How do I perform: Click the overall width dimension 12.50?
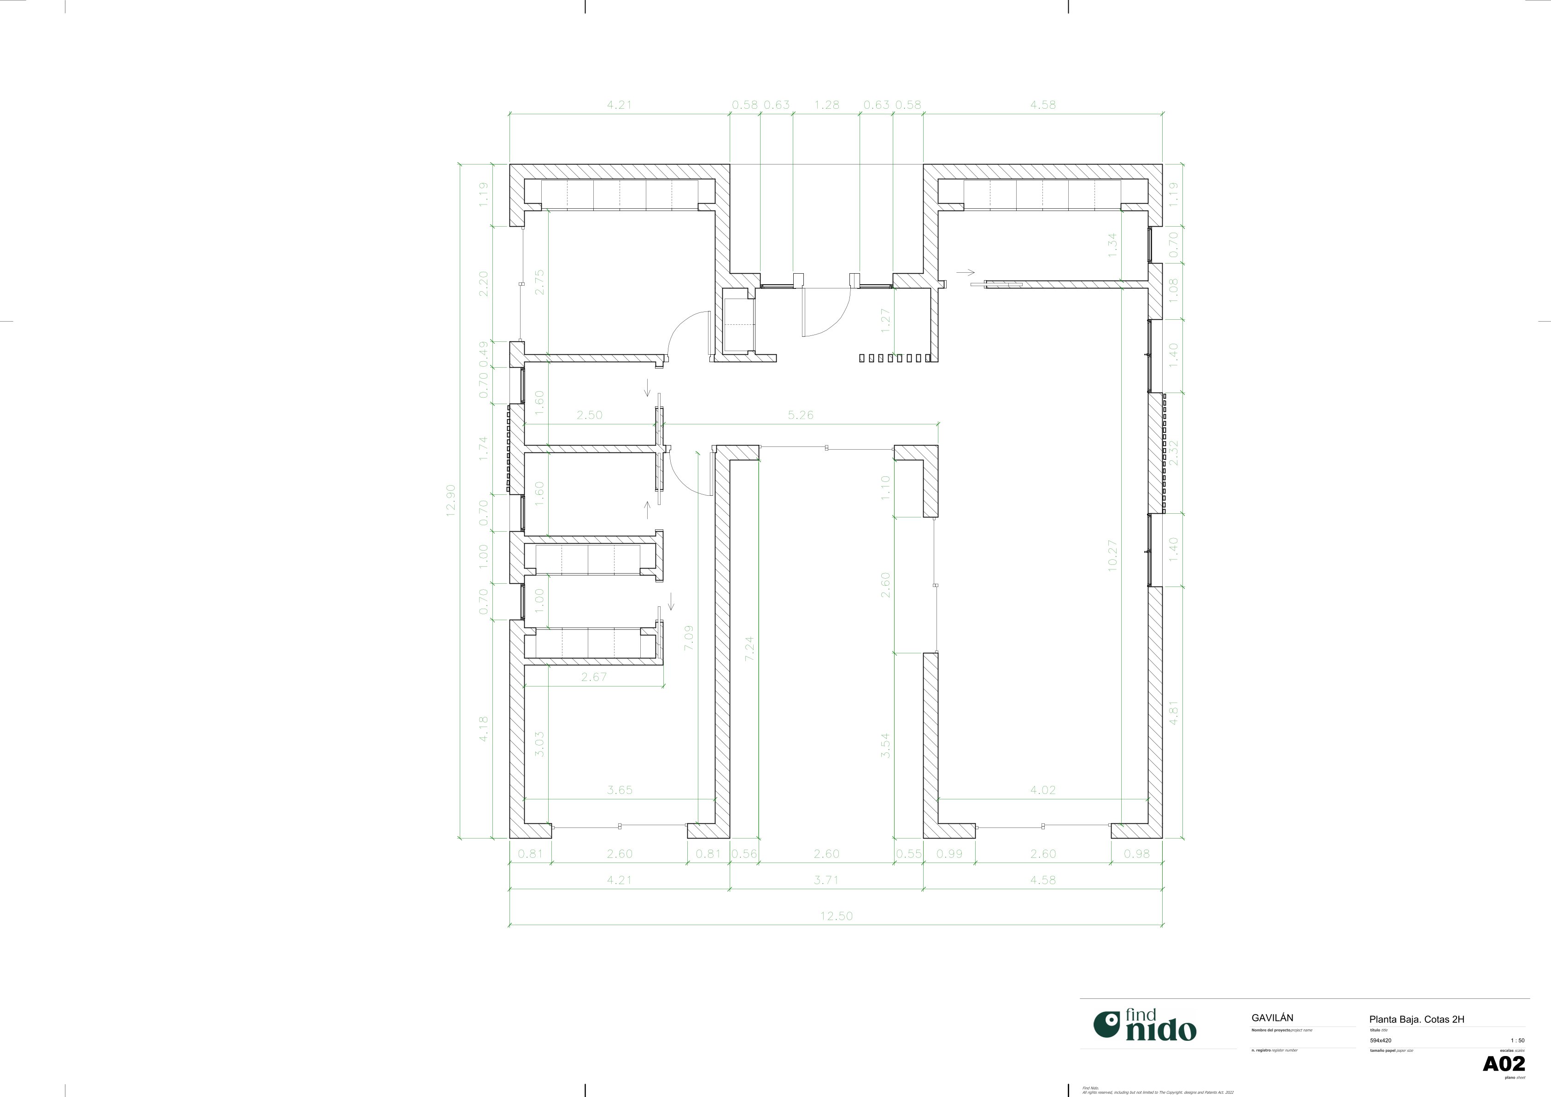(x=836, y=916)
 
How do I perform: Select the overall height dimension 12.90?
(x=451, y=500)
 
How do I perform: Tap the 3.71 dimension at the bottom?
(x=826, y=880)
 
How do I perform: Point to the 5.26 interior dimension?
(x=801, y=415)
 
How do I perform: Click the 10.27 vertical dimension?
(x=1112, y=555)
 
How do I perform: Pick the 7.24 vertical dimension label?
(x=749, y=648)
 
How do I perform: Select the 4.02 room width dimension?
(x=1042, y=790)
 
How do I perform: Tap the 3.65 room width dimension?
(x=620, y=790)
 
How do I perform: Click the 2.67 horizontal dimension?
(x=594, y=677)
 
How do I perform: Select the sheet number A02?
(x=1504, y=1064)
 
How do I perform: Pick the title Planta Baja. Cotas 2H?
(x=1416, y=1019)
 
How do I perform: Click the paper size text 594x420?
(x=1380, y=1041)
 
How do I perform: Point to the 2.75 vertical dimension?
(x=539, y=282)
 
